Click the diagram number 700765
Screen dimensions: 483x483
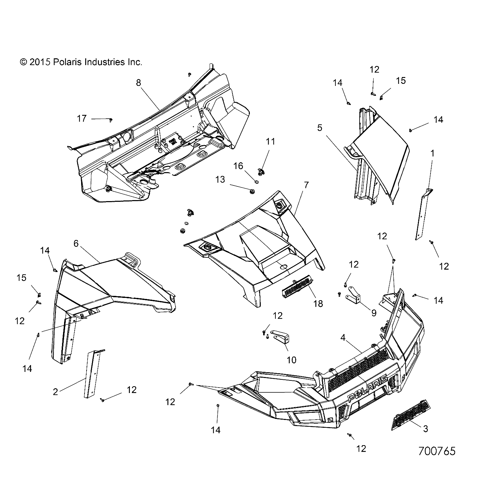point(437,451)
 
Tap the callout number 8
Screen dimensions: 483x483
point(138,83)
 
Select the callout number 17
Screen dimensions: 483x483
point(82,119)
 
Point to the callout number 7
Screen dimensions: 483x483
point(306,185)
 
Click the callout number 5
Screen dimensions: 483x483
point(319,128)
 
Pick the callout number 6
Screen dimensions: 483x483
point(76,243)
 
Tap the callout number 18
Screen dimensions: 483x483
point(318,303)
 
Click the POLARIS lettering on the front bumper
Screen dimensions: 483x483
point(367,388)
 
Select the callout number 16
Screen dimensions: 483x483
point(238,166)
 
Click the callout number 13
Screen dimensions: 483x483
point(221,179)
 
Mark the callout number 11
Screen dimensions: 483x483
point(270,141)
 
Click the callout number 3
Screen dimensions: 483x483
point(425,429)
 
